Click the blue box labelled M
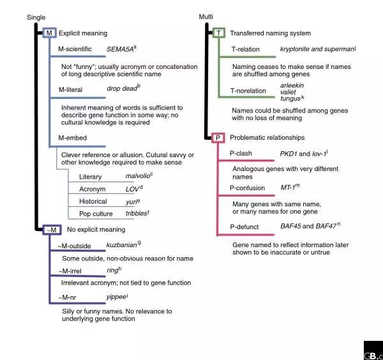point(49,33)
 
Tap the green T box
point(218,33)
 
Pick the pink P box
point(218,137)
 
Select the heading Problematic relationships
point(267,137)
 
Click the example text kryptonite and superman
point(316,49)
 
